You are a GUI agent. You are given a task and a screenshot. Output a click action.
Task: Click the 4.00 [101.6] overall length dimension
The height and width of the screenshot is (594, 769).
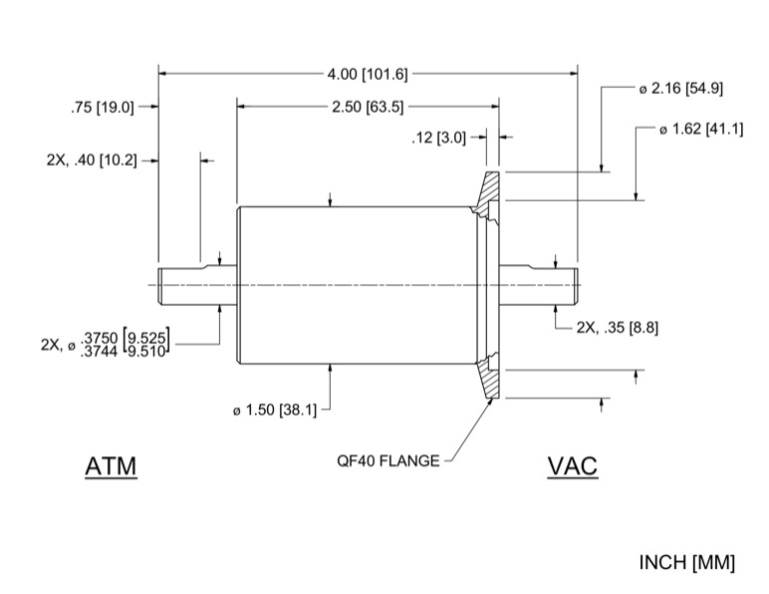pyautogui.click(x=368, y=73)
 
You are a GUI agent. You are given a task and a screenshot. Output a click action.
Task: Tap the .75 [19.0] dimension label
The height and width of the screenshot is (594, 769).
pyautogui.click(x=103, y=107)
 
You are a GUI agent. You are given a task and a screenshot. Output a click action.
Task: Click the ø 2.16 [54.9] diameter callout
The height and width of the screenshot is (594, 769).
pyautogui.click(x=681, y=89)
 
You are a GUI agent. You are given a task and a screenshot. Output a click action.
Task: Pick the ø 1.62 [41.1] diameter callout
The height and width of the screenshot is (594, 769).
pyautogui.click(x=701, y=130)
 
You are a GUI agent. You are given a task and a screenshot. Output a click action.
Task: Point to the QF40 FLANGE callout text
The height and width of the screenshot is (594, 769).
pyautogui.click(x=388, y=461)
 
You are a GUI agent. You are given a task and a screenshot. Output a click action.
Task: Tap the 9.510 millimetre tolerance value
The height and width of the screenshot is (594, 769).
pyautogui.click(x=147, y=351)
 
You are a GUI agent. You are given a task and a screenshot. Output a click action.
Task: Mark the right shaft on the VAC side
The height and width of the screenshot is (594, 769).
pyautogui.click(x=539, y=286)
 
